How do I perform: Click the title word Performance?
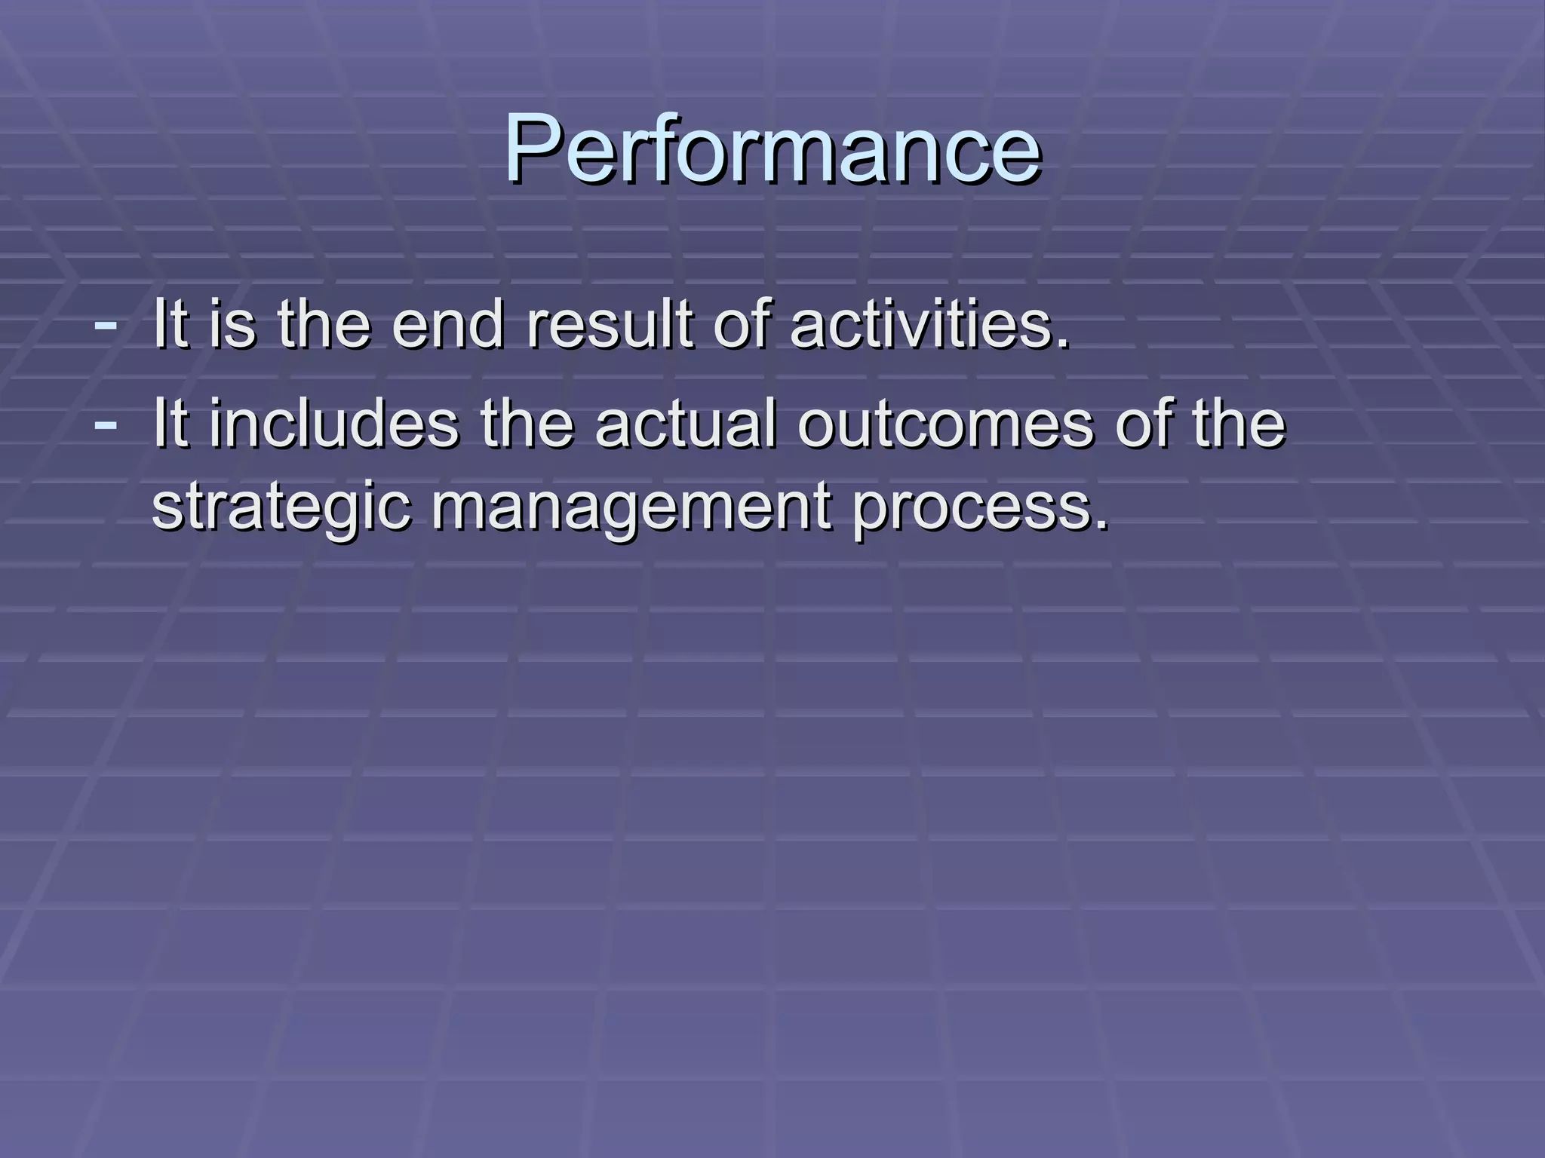[x=772, y=149]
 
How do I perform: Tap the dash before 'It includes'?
[x=106, y=424]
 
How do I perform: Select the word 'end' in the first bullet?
[x=448, y=325]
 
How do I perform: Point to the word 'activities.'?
[x=930, y=325]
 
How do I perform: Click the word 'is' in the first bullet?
[x=232, y=325]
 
